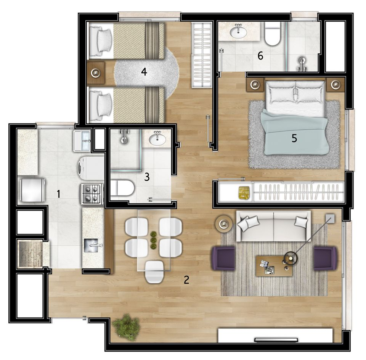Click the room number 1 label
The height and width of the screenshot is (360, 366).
(x=58, y=194)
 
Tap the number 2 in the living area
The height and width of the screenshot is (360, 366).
(x=186, y=280)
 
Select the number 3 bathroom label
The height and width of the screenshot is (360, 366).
(x=147, y=177)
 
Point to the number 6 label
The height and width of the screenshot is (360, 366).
(x=260, y=56)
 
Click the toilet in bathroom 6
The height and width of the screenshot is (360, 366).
(x=272, y=34)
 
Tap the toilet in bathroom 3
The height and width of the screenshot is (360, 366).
(x=122, y=187)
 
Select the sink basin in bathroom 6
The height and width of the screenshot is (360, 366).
(x=238, y=32)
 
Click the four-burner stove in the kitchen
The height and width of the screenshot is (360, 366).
(x=91, y=194)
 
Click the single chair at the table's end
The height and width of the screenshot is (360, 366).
(x=154, y=272)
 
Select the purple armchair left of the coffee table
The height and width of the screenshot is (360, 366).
(x=223, y=258)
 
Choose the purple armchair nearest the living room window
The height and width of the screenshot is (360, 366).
(x=325, y=258)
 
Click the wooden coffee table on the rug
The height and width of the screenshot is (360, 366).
(x=274, y=266)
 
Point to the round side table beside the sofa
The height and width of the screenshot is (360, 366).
(x=224, y=223)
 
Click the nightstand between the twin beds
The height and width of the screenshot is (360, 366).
(x=95, y=72)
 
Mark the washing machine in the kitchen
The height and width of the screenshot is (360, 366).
(x=91, y=168)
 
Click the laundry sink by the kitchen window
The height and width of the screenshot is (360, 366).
(x=82, y=141)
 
